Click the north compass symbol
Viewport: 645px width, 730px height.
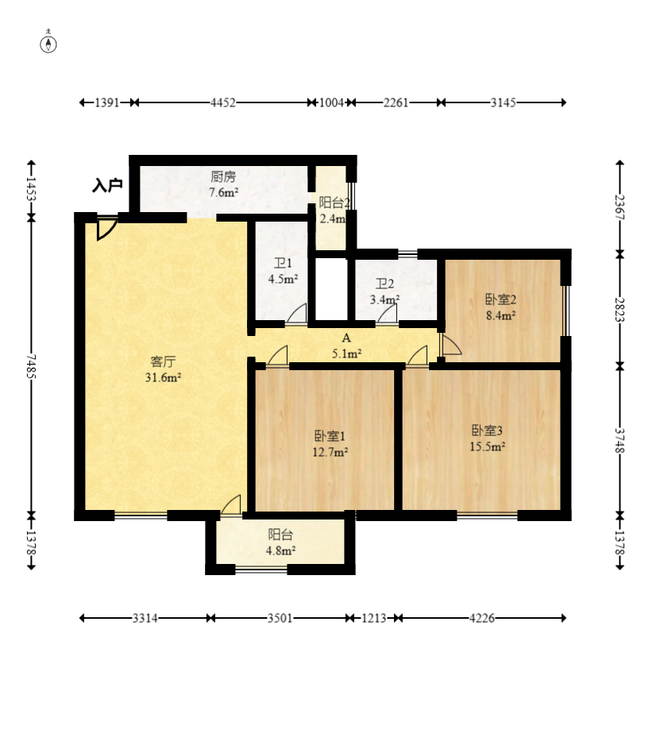point(48,42)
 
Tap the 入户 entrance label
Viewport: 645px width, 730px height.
point(107,185)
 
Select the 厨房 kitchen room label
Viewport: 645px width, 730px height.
point(223,176)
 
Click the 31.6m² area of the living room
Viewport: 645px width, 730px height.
point(163,377)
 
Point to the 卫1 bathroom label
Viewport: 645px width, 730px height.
point(283,264)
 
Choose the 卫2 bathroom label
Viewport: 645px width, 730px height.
point(385,284)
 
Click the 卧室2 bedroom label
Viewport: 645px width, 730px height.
point(500,299)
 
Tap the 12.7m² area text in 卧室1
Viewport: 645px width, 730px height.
point(330,452)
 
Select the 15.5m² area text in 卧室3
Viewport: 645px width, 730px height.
point(487,446)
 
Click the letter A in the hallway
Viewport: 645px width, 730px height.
point(346,338)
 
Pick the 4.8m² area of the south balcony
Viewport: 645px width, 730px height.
point(280,550)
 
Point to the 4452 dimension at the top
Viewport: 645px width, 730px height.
point(223,102)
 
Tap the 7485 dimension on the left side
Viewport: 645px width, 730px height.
point(31,366)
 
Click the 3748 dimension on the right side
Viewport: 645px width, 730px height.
point(620,440)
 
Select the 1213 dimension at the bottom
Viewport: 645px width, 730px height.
point(374,618)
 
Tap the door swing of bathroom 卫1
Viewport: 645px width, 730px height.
point(296,313)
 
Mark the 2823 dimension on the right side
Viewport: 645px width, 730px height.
point(620,310)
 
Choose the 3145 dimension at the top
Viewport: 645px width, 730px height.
point(503,102)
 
